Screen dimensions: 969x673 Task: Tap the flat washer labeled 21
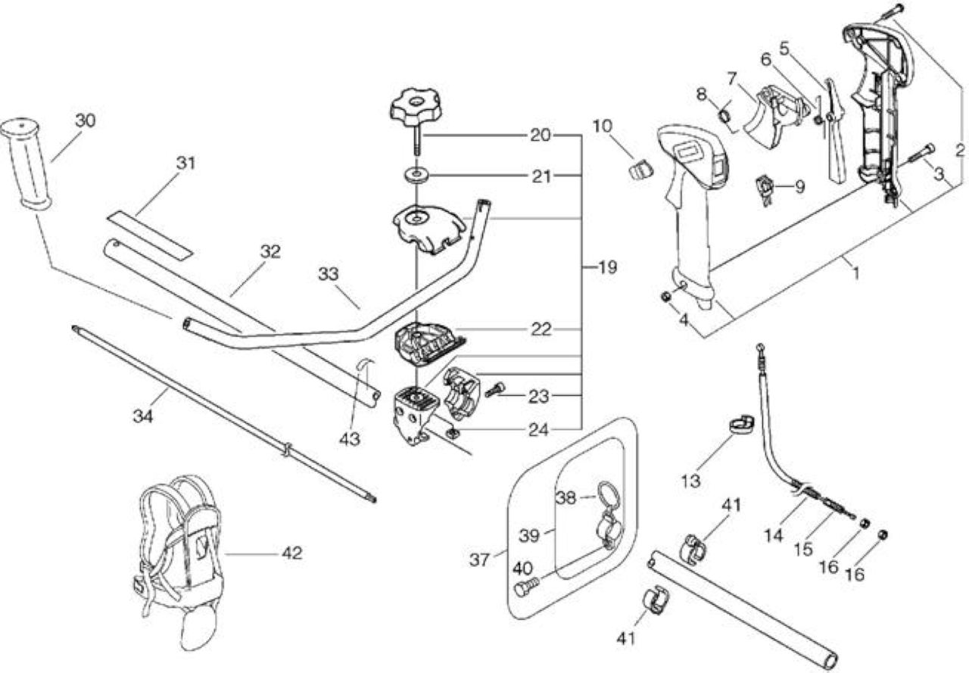(x=416, y=175)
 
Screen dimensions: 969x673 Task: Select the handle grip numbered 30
(x=26, y=165)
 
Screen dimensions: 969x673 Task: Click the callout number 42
(x=292, y=553)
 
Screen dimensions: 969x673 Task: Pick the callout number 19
(x=608, y=267)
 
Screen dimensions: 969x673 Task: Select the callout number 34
(x=143, y=416)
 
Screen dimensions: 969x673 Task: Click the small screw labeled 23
(x=495, y=389)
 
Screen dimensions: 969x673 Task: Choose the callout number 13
(x=690, y=481)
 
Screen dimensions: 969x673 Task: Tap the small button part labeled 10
(x=640, y=168)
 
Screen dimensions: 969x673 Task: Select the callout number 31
(x=186, y=163)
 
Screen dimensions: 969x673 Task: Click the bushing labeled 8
(x=725, y=117)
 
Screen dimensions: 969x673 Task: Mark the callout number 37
(x=480, y=560)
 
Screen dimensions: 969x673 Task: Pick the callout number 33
(x=329, y=274)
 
